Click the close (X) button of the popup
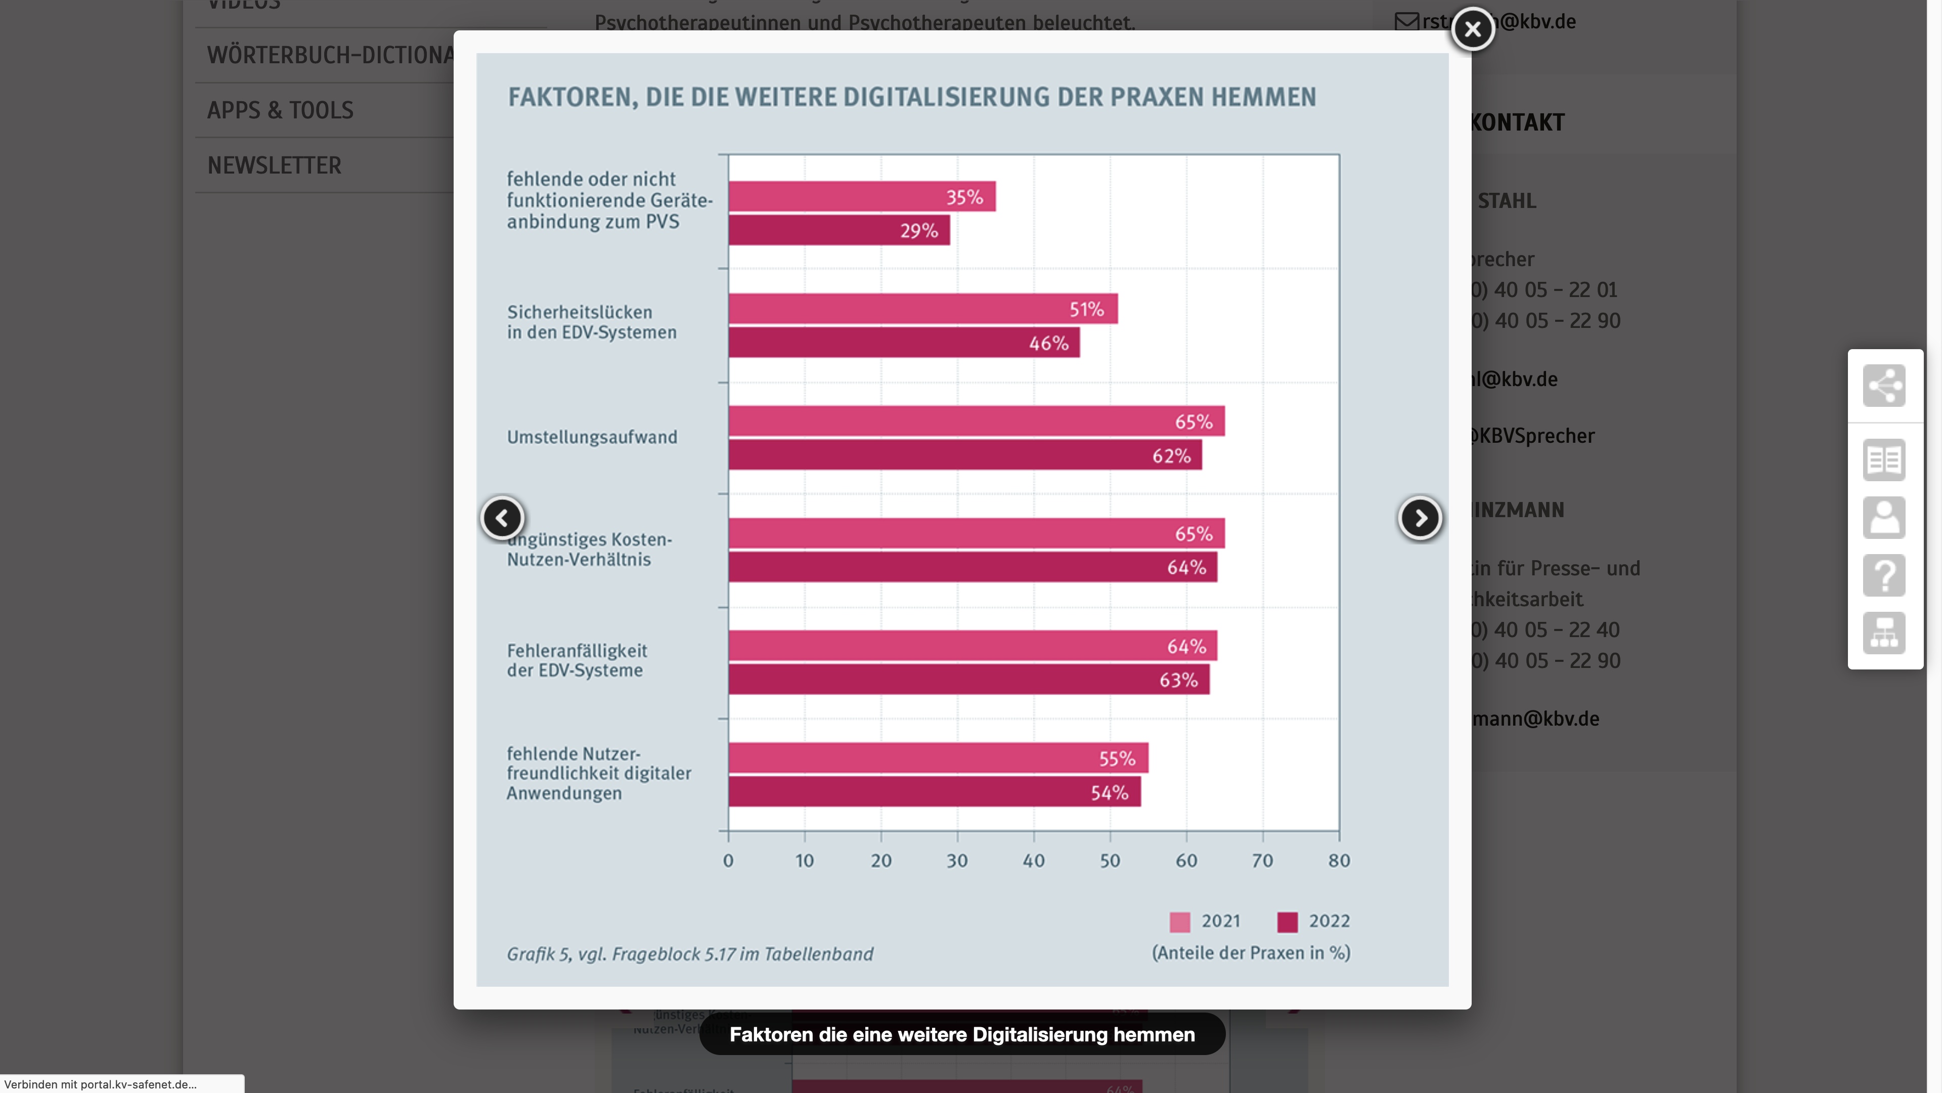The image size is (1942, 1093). pyautogui.click(x=1472, y=29)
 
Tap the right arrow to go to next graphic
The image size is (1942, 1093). pyautogui.click(x=1420, y=518)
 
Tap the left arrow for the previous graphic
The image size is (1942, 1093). pyautogui.click(x=502, y=518)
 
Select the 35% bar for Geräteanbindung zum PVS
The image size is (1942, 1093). pyautogui.click(x=862, y=197)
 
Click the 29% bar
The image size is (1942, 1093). pyautogui.click(x=839, y=230)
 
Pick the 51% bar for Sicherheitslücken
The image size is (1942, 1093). pyautogui.click(x=923, y=309)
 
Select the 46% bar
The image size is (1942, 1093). pyautogui.click(x=904, y=343)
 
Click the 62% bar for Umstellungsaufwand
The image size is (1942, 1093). pyautogui.click(x=965, y=455)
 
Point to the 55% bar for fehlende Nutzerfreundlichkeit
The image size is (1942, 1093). pyautogui.click(x=938, y=758)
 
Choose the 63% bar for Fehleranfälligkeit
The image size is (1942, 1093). pyautogui.click(x=969, y=680)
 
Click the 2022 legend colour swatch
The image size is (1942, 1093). pyautogui.click(x=1288, y=922)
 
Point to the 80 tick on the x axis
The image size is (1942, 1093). pyautogui.click(x=1339, y=861)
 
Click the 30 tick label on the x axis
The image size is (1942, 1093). pyautogui.click(x=957, y=861)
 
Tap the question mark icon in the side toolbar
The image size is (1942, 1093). pyautogui.click(x=1884, y=575)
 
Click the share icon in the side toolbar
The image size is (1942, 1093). pyautogui.click(x=1884, y=386)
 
